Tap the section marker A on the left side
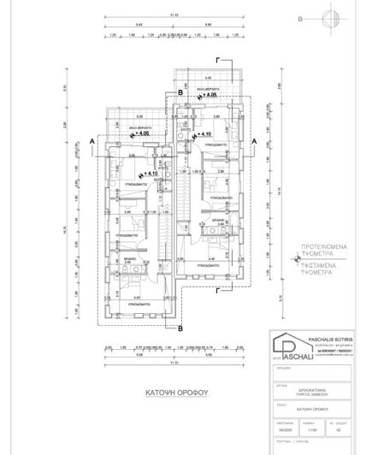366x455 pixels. pyautogui.click(x=90, y=139)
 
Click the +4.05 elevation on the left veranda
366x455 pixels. pyautogui.click(x=141, y=133)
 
